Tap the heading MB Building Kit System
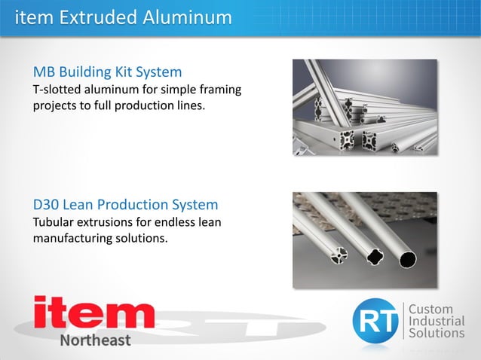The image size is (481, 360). coord(107,72)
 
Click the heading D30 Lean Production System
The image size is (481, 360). coord(125,204)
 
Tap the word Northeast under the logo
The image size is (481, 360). coord(95,340)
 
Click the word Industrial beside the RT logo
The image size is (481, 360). coord(436,321)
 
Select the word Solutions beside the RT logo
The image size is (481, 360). coord(437,333)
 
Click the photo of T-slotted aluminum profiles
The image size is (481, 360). coord(365,107)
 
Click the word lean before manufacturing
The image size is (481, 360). coord(208,222)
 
